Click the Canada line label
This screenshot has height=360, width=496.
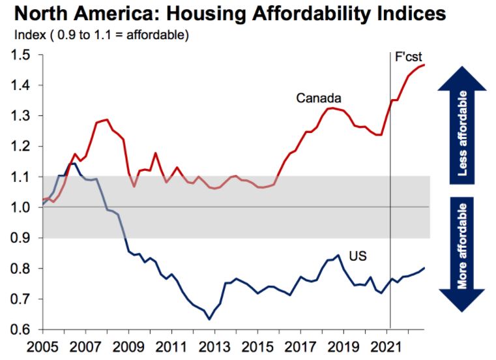coord(319,98)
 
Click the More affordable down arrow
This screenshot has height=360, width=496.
coord(463,250)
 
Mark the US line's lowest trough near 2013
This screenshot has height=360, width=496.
coord(209,319)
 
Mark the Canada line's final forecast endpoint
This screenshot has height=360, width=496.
coord(425,65)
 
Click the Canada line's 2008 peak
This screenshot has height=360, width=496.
coord(107,119)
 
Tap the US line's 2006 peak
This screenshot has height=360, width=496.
coord(74,163)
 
